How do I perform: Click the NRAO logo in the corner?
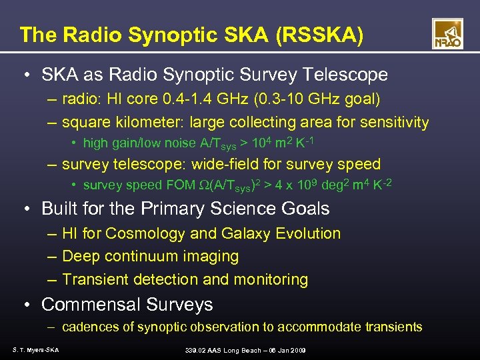[447, 33]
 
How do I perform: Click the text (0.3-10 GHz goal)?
[321, 100]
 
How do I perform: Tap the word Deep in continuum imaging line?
[79, 256]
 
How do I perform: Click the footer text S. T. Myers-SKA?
[35, 350]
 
